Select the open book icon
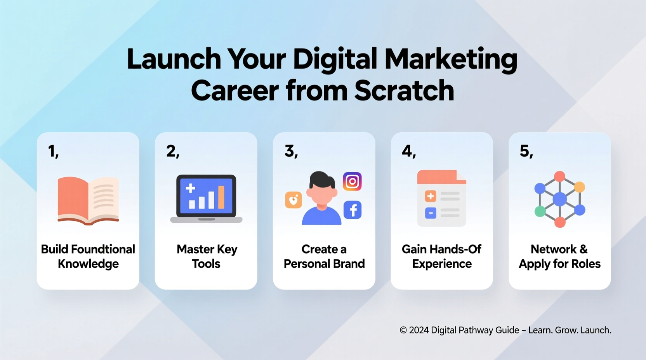[88, 200]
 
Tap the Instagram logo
[352, 182]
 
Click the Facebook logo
[353, 210]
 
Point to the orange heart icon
[293, 200]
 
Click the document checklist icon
[442, 198]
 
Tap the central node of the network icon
[559, 199]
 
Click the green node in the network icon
[540, 211]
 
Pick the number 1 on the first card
[52, 151]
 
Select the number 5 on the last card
[524, 151]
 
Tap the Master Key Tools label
[207, 256]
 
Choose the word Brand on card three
[349, 264]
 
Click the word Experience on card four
[442, 264]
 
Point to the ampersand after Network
[583, 249]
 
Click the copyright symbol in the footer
[403, 330]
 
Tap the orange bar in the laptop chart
[221, 197]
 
